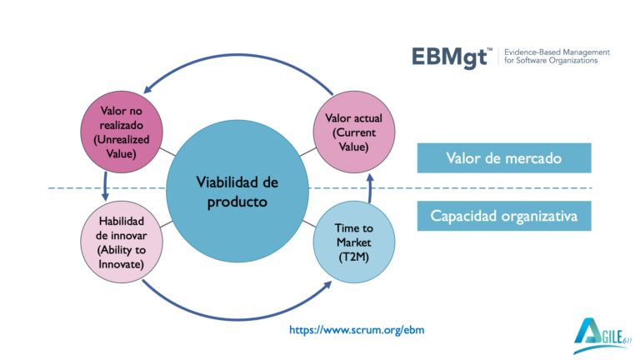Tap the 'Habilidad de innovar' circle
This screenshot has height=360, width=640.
click(x=120, y=242)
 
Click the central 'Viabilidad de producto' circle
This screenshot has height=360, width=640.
click(x=237, y=192)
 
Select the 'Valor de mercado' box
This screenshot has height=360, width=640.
click(x=504, y=158)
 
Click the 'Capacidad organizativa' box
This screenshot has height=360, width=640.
click(x=504, y=217)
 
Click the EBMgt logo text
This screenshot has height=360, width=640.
click(x=451, y=57)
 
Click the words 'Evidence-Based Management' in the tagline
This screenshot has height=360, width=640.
click(x=557, y=52)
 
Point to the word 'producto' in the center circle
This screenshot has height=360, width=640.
click(x=237, y=201)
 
